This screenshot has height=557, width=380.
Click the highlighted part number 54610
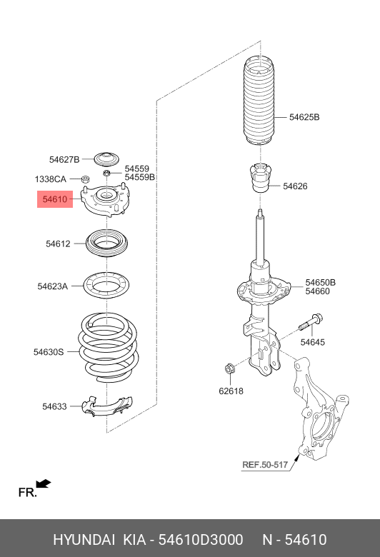[54, 200]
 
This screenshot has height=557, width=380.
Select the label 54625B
[304, 116]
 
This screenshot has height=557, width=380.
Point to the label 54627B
[64, 159]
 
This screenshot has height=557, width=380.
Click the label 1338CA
[51, 179]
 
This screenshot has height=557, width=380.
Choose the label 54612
[58, 244]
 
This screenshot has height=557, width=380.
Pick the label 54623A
[53, 286]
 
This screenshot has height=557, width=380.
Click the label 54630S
[49, 351]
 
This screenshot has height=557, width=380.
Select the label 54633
[54, 406]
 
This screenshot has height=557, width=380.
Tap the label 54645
[312, 342]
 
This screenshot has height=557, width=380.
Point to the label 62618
[231, 391]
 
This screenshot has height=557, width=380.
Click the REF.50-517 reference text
[264, 465]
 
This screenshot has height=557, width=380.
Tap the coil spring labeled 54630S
[107, 346]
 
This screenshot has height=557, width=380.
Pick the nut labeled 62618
[230, 369]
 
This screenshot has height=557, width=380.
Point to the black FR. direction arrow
[43, 484]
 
